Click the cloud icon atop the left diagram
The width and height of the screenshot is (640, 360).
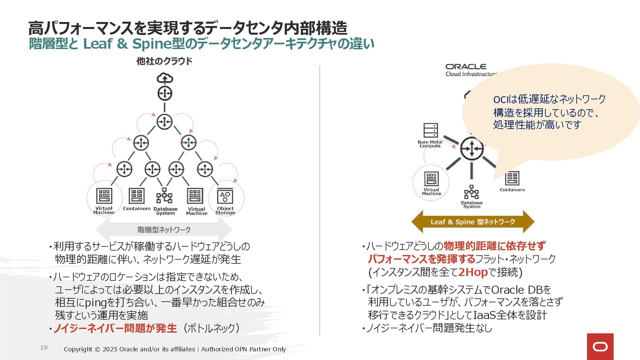[x=165, y=78]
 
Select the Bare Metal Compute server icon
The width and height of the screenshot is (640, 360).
[x=430, y=130]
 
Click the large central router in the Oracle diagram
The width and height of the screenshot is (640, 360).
[x=472, y=149]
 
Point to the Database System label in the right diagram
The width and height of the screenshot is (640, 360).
[x=472, y=205]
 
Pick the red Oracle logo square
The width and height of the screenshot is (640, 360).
[x=600, y=347]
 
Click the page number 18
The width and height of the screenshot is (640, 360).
[x=44, y=348]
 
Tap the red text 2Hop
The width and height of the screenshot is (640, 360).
[x=473, y=272]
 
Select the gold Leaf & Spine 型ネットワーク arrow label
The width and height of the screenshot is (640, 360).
[x=473, y=222]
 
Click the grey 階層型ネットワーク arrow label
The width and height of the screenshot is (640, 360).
[x=164, y=230]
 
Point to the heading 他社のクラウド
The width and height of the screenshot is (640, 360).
[x=164, y=61]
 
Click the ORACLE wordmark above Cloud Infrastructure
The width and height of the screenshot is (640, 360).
[x=466, y=67]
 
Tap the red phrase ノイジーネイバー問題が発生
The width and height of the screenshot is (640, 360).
[x=115, y=328]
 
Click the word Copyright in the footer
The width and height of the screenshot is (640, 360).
[x=78, y=349]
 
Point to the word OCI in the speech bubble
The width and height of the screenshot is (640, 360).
[x=501, y=99]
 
